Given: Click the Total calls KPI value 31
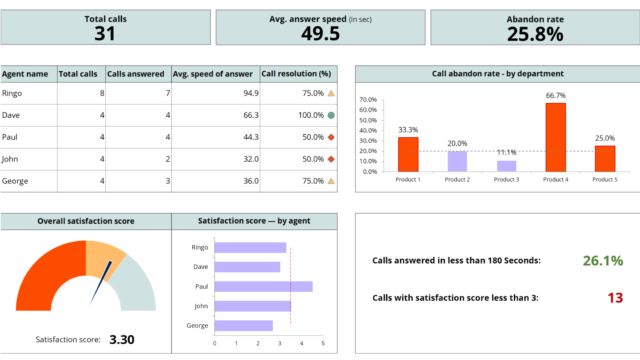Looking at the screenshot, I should coord(105,34).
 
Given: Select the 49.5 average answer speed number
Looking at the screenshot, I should coord(320,34).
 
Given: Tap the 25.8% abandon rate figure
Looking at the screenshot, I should coord(535,34).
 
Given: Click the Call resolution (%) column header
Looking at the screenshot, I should coord(296,74).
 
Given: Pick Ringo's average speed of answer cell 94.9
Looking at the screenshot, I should coord(251,93).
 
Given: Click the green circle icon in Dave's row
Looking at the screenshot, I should coord(331,115).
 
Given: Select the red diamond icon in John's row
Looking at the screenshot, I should coord(331,159).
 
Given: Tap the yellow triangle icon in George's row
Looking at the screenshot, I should coord(331,181).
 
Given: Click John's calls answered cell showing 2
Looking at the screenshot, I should coord(168,159).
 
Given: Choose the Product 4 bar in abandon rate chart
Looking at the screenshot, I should coord(555,137).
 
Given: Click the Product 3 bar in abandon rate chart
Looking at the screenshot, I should coord(506,166).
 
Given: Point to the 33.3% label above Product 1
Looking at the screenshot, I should coord(408,130).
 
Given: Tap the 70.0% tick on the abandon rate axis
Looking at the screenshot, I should coord(368,100).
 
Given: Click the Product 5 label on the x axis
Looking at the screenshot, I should coord(605,179).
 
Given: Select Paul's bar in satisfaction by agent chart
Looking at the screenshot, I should coord(263,286).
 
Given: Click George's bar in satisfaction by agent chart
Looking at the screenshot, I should coord(244,325).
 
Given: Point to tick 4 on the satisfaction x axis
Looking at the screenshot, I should coord(301,343).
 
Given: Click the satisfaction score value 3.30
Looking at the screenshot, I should coord(122,339).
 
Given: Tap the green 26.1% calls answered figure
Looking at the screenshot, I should coord(603,261).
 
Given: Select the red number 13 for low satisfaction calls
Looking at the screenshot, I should coord(615,298).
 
